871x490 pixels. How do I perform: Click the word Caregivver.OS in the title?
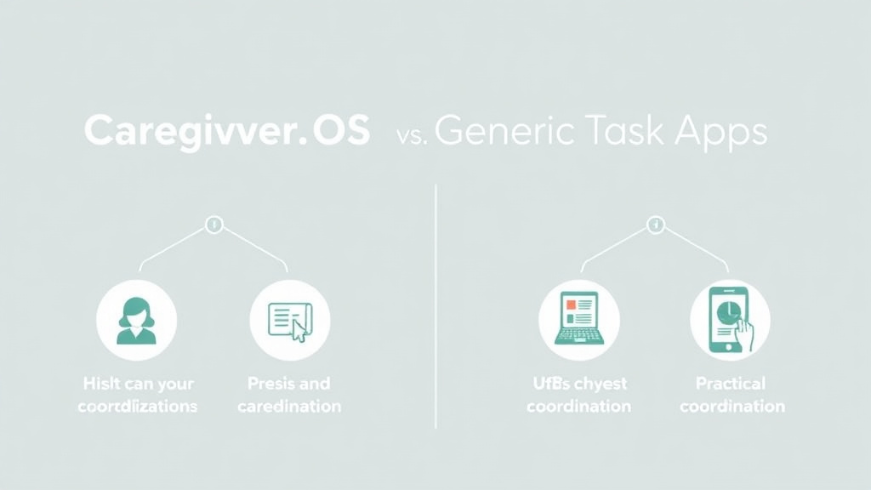pyautogui.click(x=227, y=133)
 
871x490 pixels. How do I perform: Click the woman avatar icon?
pyautogui.click(x=136, y=320)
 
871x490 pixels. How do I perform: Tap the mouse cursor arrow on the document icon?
pyautogui.click(x=298, y=331)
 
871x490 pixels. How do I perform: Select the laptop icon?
pyautogui.click(x=578, y=318)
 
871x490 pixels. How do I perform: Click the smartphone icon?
pyautogui.click(x=730, y=320)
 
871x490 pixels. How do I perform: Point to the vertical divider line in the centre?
pyautogui.click(x=435, y=306)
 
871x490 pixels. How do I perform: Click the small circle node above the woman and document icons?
pyautogui.click(x=213, y=225)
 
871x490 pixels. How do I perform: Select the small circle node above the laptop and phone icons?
pyautogui.click(x=655, y=225)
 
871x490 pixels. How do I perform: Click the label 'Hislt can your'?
pyautogui.click(x=137, y=384)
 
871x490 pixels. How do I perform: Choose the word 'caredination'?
pyautogui.click(x=289, y=406)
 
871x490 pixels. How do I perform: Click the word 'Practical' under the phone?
pyautogui.click(x=731, y=384)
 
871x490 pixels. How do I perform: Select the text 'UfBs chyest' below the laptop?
pyautogui.click(x=578, y=384)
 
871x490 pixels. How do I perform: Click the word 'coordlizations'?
pyautogui.click(x=137, y=406)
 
